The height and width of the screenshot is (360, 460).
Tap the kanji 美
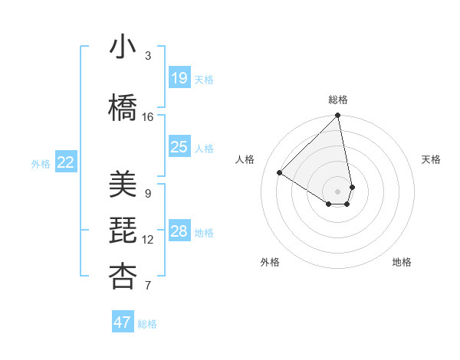(123, 185)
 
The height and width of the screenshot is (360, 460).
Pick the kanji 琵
(123, 231)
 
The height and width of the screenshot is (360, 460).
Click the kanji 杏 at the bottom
(123, 277)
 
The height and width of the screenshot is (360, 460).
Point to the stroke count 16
(148, 116)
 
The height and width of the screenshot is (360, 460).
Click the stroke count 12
(148, 240)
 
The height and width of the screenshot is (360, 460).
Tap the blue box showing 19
(179, 77)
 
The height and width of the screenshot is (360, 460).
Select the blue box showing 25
(179, 146)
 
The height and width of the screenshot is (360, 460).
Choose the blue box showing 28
(179, 231)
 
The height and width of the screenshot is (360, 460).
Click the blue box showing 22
(66, 162)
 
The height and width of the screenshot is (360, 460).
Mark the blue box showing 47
(123, 322)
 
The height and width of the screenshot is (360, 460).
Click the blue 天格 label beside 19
(203, 79)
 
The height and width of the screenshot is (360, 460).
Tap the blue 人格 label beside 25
(203, 148)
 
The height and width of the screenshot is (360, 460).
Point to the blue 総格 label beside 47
(147, 324)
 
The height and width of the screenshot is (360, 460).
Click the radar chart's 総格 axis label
(338, 100)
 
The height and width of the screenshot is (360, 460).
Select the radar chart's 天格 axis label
(431, 159)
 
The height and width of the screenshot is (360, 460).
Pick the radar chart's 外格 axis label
(270, 262)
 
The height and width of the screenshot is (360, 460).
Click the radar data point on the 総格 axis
(338, 116)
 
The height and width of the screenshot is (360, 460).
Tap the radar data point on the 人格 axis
(280, 173)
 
